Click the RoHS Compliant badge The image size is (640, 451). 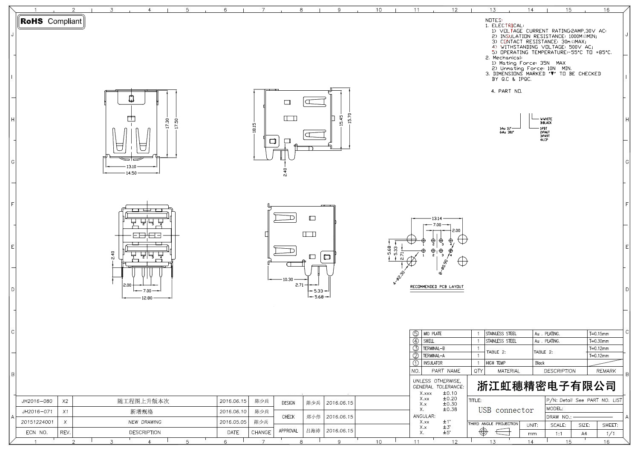click(51, 21)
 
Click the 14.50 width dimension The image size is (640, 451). click(131, 172)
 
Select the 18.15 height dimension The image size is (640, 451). click(254, 128)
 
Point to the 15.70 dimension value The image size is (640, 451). click(349, 118)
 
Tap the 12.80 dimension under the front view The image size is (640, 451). click(147, 298)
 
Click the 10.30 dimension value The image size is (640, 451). click(288, 280)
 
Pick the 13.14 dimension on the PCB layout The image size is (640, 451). click(437, 218)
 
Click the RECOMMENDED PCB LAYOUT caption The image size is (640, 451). click(437, 287)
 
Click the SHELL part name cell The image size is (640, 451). click(429, 341)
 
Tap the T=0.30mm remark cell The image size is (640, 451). click(599, 341)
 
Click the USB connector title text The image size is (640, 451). click(506, 410)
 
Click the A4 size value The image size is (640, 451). click(584, 434)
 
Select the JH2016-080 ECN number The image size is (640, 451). click(37, 401)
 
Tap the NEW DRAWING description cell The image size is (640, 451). click(145, 422)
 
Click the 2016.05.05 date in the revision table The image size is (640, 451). click(233, 422)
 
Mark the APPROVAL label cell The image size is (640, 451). click(288, 431)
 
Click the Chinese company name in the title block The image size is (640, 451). click(546, 386)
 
